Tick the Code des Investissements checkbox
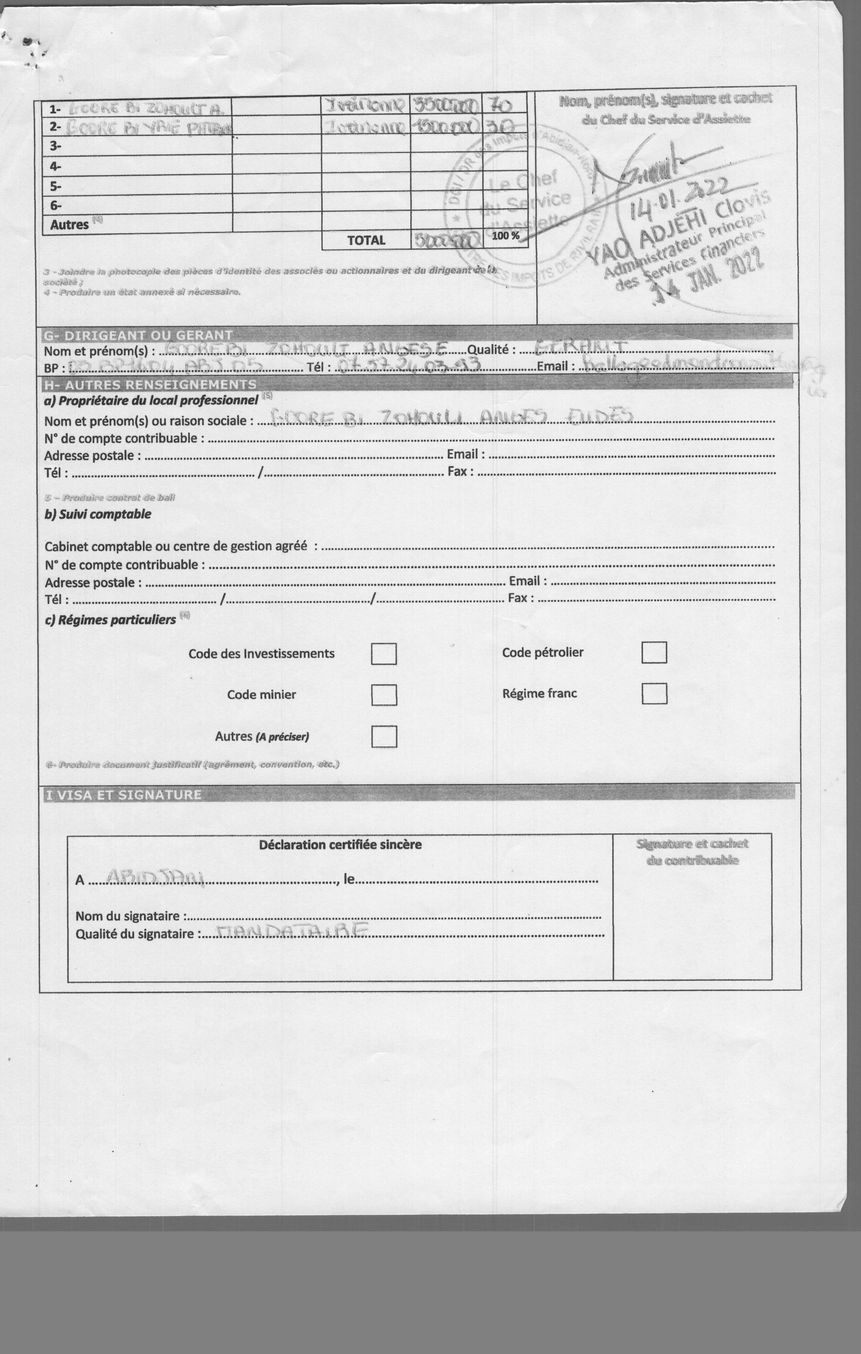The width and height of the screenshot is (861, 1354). coord(384,654)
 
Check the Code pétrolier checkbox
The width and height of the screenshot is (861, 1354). coord(654,653)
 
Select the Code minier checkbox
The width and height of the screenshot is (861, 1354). coord(384,695)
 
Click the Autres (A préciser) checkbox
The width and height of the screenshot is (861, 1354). coord(384,737)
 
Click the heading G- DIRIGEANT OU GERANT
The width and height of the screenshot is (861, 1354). coord(138,335)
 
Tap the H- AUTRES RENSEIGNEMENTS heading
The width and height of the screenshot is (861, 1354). coord(150,385)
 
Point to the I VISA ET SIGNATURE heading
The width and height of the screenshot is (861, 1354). coord(123,795)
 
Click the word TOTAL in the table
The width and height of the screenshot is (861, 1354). coord(366,241)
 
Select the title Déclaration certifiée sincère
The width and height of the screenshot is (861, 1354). coord(340,845)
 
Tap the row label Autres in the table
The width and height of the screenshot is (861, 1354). coord(70,224)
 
